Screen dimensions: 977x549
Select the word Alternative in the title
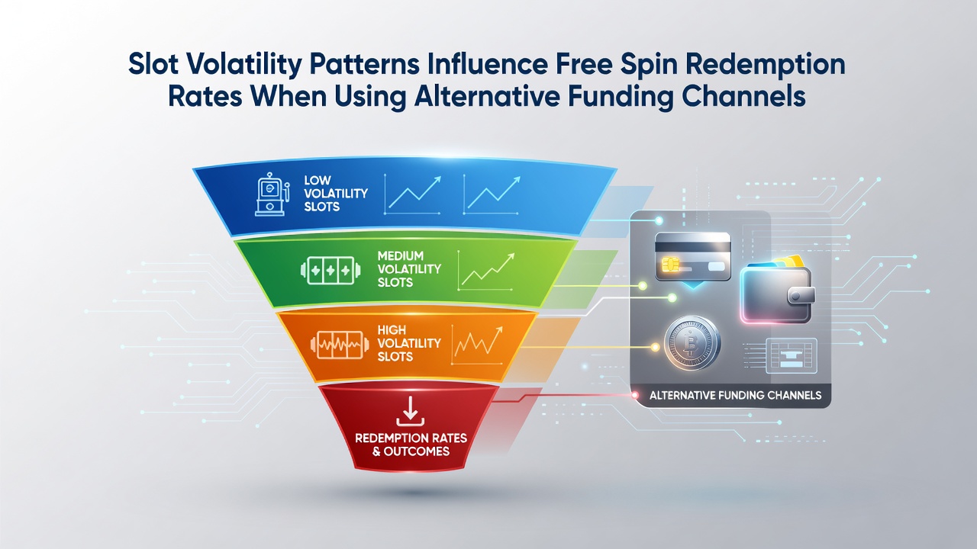pos(487,97)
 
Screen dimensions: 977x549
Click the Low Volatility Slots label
pos(335,193)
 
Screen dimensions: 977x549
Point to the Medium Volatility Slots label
pos(409,269)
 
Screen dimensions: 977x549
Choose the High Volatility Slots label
pos(409,343)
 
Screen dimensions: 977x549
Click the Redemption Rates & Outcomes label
pos(411,445)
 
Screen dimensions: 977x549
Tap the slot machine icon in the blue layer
pos(270,194)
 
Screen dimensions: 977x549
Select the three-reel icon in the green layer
pos(331,271)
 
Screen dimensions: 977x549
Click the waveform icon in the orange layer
pos(337,345)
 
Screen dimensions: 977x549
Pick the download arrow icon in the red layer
pos(410,411)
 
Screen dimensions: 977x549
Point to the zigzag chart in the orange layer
pos(477,345)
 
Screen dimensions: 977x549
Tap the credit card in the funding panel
pos(692,257)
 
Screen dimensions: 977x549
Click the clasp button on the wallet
pos(800,297)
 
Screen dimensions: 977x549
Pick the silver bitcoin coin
pos(692,343)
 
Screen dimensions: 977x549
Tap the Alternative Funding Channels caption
pos(735,396)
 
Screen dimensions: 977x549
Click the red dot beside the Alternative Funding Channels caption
pos(635,395)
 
